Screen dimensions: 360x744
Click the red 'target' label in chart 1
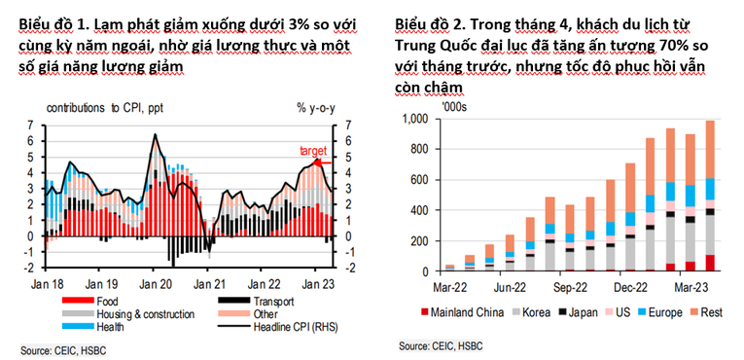312,151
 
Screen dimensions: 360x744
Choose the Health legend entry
111,326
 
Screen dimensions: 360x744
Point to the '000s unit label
455,106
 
